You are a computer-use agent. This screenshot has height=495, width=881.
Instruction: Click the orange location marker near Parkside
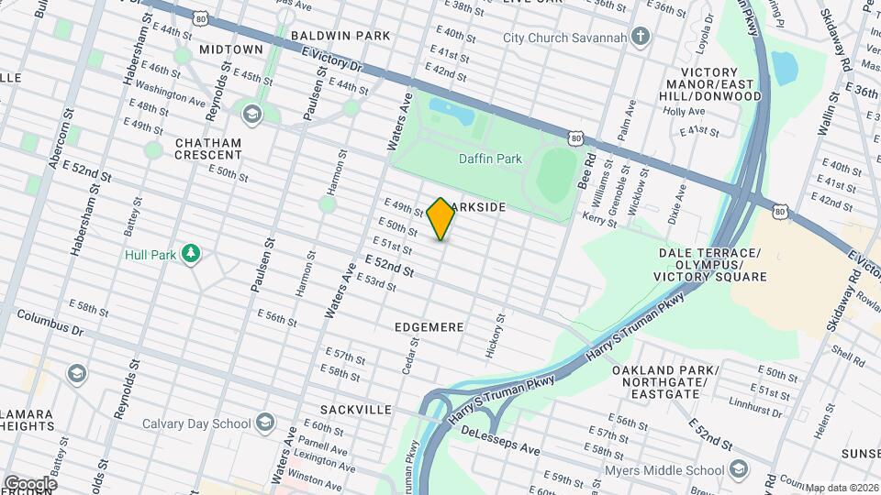pyautogui.click(x=440, y=218)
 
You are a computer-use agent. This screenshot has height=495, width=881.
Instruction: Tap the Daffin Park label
pyautogui.click(x=490, y=159)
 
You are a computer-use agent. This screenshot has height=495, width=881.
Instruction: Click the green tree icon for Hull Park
pyautogui.click(x=191, y=253)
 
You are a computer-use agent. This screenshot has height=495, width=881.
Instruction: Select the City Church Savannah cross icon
pyautogui.click(x=641, y=38)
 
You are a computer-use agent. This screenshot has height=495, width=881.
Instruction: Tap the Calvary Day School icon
pyautogui.click(x=265, y=423)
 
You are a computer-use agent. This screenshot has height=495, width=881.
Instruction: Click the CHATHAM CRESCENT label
pyautogui.click(x=207, y=149)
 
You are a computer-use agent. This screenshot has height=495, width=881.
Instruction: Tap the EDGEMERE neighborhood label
pyautogui.click(x=429, y=326)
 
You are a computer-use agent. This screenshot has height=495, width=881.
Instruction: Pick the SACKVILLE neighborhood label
pyautogui.click(x=356, y=409)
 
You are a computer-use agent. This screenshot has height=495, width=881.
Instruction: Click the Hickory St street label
pyautogui.click(x=493, y=335)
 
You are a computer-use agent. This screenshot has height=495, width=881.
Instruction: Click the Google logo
pyautogui.click(x=29, y=483)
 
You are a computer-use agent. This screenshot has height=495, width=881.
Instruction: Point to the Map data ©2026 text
pyautogui.click(x=842, y=488)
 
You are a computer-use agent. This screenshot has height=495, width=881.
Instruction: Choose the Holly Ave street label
pyautogui.click(x=684, y=112)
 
